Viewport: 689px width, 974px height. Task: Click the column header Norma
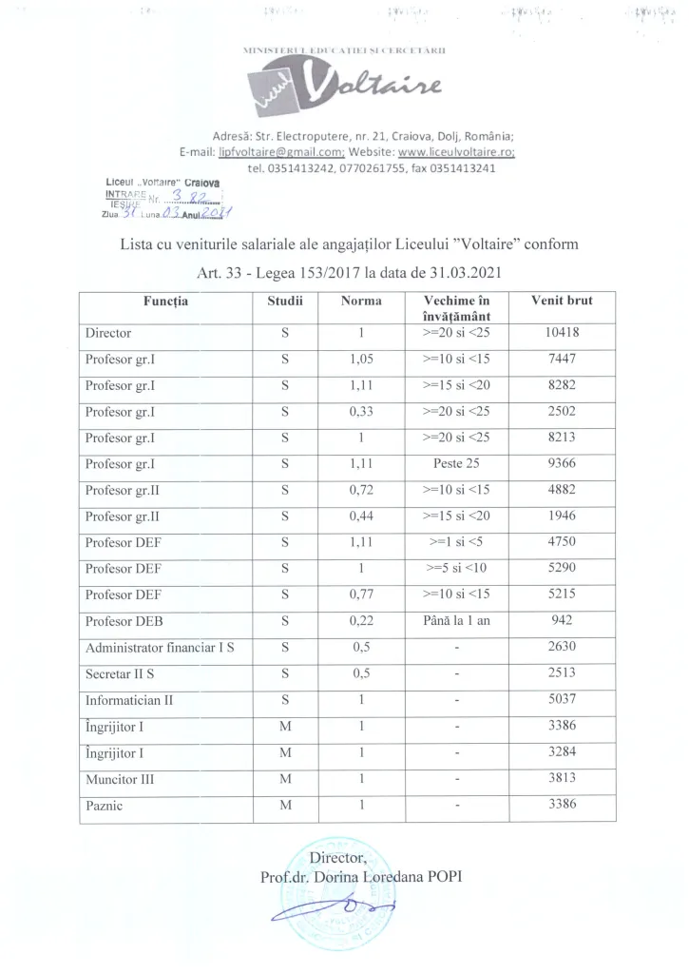pos(360,302)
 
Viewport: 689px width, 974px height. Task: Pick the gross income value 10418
pos(564,334)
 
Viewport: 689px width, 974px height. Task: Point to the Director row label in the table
pos(107,334)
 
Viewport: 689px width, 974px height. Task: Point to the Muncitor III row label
pos(122,777)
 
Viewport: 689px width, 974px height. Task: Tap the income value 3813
pos(564,777)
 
